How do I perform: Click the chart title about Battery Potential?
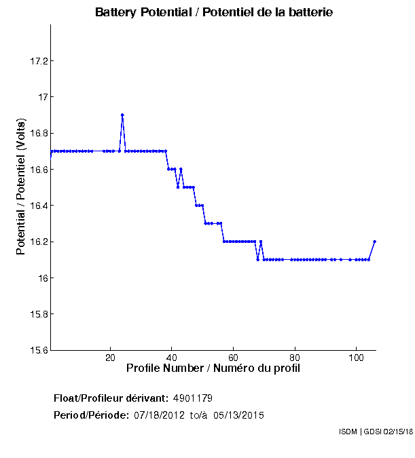point(214,13)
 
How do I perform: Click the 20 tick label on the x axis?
point(110,358)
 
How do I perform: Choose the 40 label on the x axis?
point(172,358)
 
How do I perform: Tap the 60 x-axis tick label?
point(233,358)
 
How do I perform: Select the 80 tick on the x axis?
point(295,358)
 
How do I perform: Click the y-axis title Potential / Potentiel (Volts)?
point(21,187)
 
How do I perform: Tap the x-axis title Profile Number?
point(213,368)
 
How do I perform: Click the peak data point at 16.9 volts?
point(122,115)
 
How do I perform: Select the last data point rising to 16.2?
point(374,242)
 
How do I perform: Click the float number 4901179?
point(198,398)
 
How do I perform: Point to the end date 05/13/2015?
point(239,415)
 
